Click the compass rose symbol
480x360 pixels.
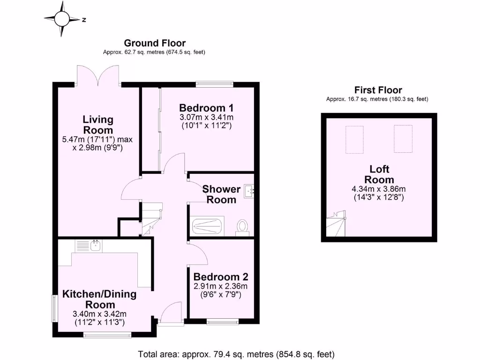click(61, 19)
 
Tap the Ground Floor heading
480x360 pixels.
click(154, 43)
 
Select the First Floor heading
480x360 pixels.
click(378, 90)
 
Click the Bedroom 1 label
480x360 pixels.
click(206, 107)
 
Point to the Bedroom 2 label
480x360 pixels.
click(220, 277)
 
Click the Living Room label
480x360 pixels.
click(98, 124)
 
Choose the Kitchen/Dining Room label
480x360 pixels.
click(99, 300)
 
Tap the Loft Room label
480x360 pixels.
click(379, 174)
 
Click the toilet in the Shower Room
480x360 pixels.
click(243, 226)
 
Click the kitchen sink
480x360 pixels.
click(95, 246)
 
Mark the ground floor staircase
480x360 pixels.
click(151, 217)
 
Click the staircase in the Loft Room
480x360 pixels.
click(337, 225)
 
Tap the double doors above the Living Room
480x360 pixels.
click(98, 75)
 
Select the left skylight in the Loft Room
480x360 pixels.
click(355, 139)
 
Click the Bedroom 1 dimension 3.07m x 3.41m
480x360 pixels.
click(206, 117)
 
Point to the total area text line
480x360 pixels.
click(236, 354)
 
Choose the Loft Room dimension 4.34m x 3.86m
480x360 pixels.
click(379, 189)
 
